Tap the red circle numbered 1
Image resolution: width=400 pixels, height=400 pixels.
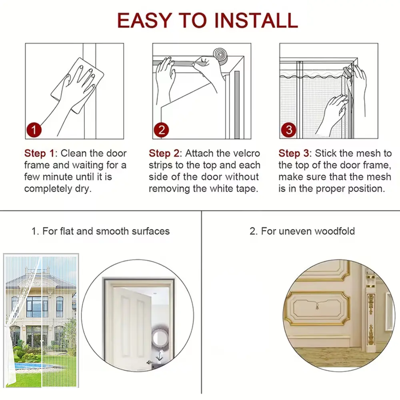click(x=34, y=130)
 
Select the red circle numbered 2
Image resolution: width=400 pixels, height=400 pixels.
click(x=161, y=130)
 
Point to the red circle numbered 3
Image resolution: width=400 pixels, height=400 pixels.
click(x=288, y=130)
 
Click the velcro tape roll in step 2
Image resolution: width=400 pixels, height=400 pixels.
click(x=221, y=56)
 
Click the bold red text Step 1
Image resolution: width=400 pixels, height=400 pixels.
click(x=39, y=153)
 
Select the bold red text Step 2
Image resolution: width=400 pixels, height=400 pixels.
click(x=164, y=153)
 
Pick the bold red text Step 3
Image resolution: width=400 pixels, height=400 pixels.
click(x=294, y=153)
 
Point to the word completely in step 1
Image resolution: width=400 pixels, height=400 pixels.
click(x=48, y=189)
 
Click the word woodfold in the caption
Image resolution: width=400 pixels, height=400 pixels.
click(x=335, y=231)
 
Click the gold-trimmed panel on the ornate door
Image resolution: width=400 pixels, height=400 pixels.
click(x=317, y=308)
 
